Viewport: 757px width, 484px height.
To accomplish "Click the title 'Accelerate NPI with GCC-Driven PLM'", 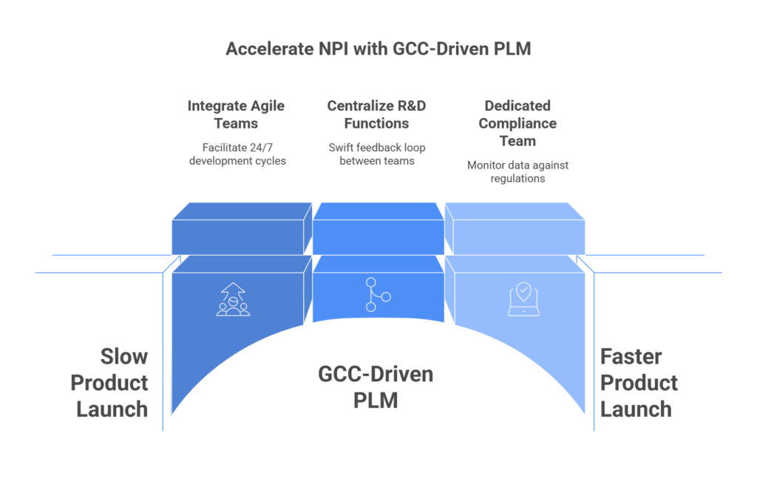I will (x=378, y=50).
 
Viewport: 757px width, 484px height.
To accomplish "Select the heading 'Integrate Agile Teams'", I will (x=236, y=114).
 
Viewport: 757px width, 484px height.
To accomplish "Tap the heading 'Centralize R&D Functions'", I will (x=377, y=114).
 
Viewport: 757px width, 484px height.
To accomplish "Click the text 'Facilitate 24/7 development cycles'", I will (x=236, y=154).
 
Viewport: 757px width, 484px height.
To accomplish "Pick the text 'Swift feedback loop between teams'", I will (x=377, y=154).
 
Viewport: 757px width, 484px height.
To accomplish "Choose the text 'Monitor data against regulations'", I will (x=517, y=171).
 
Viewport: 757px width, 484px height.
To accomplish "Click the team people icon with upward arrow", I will (x=233, y=299).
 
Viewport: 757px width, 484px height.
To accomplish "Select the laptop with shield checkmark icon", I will (x=523, y=300).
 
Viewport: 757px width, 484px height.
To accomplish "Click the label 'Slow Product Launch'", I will (x=111, y=383).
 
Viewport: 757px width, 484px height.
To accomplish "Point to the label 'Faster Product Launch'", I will (x=639, y=383).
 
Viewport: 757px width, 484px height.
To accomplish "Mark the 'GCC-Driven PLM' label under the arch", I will (x=376, y=386).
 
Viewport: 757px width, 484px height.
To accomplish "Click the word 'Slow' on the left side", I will (x=123, y=357).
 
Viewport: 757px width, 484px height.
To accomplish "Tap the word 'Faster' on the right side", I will (x=631, y=357).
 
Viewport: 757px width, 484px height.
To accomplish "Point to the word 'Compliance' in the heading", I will (x=517, y=123).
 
